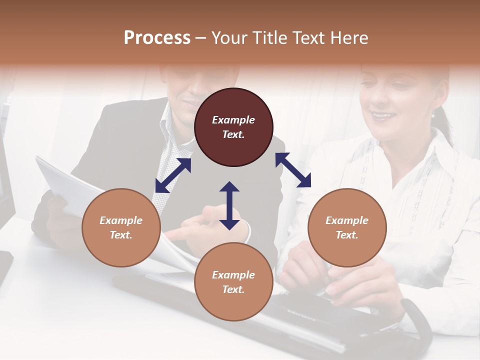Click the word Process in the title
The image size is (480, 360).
(157, 38)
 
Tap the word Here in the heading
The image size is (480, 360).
(348, 38)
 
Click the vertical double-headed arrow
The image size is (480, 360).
(229, 205)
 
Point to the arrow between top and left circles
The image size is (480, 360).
(173, 175)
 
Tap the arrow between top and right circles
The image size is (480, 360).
(293, 170)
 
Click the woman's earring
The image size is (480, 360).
(433, 114)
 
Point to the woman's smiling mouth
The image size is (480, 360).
(384, 116)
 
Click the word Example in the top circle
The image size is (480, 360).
(233, 120)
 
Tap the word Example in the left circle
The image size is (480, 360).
(121, 220)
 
